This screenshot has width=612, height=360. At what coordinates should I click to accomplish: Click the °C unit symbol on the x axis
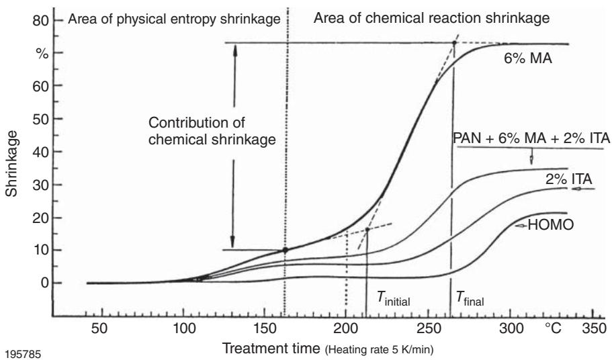pos(554,332)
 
